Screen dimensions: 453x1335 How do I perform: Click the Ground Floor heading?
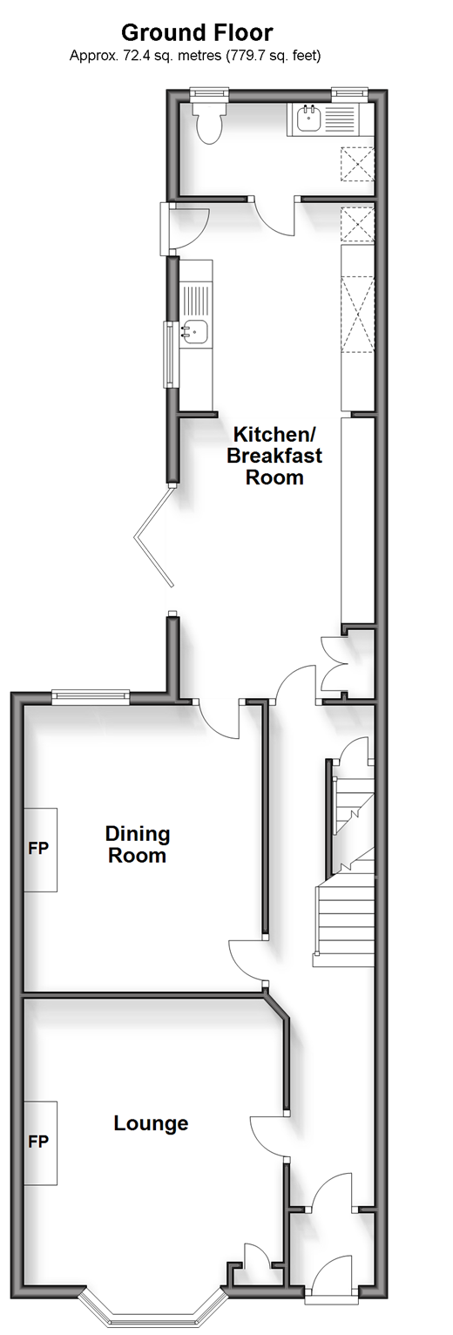pyautogui.click(x=197, y=32)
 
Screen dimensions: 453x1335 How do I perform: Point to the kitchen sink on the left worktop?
pyautogui.click(x=194, y=331)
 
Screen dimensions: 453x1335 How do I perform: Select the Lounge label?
pyautogui.click(x=151, y=1123)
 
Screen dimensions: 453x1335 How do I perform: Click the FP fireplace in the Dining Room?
pyautogui.click(x=39, y=850)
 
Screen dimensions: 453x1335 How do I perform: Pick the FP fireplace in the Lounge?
pyautogui.click(x=39, y=1142)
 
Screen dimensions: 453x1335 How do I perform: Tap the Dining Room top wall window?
pyautogui.click(x=90, y=696)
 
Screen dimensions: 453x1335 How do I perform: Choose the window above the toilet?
pyautogui.click(x=209, y=93)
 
